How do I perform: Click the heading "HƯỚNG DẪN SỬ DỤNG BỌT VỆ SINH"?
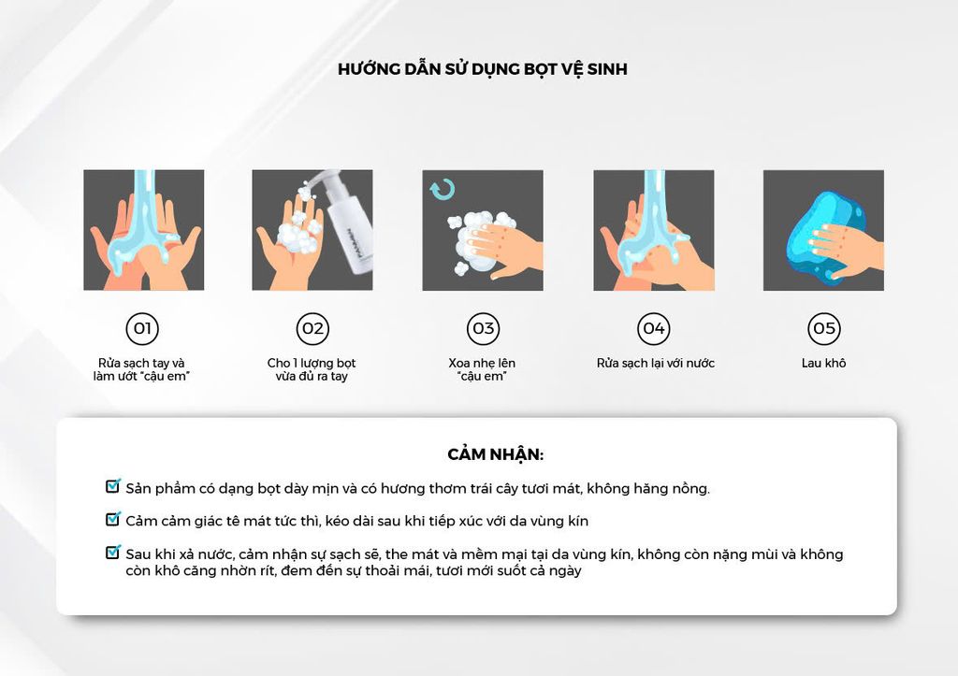tap(483, 68)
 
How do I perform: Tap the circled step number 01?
tap(142, 328)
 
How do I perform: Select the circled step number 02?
tap(312, 328)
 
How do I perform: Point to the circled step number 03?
tap(484, 328)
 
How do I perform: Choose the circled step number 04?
tap(654, 328)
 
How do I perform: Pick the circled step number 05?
tap(824, 328)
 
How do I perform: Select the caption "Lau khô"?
tap(823, 363)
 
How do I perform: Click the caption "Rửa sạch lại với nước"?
tap(655, 363)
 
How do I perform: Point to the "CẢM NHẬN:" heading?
tap(496, 454)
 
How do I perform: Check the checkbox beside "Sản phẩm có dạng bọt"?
tap(113, 486)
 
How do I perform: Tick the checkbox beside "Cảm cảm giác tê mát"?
tap(113, 519)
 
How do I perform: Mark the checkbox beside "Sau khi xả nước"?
tap(113, 552)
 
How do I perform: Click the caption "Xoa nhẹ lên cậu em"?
tap(482, 369)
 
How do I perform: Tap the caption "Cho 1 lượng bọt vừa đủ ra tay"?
tap(312, 369)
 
